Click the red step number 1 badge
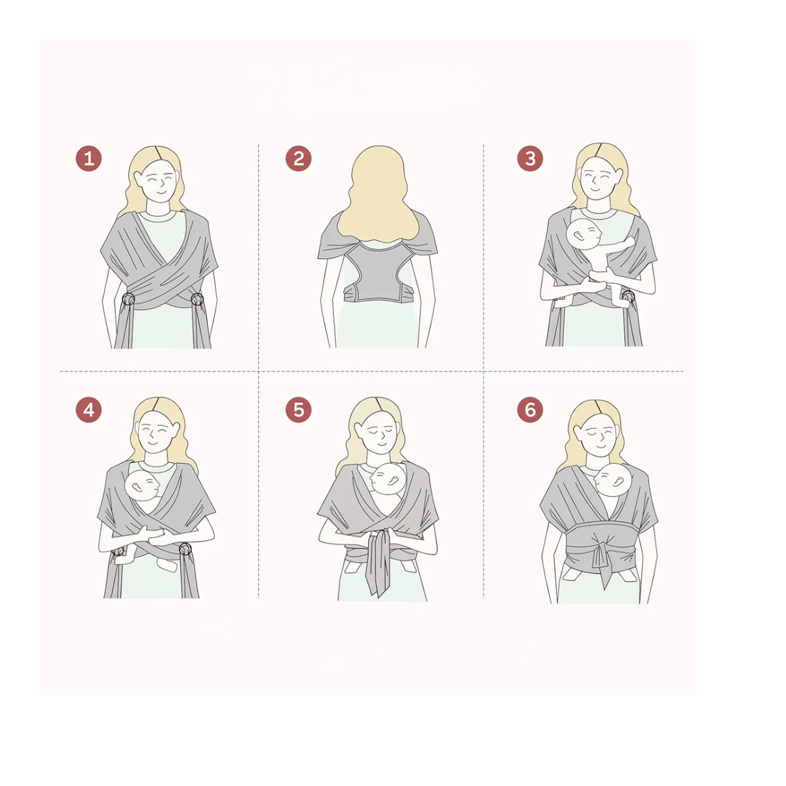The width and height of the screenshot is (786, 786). tap(88, 159)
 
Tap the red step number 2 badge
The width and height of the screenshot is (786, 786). tap(299, 159)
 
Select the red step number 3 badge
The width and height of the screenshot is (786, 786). tap(531, 159)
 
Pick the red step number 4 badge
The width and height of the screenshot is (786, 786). tap(88, 410)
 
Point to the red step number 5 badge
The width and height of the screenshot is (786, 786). tap(299, 410)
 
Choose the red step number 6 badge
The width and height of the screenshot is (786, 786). tap(531, 409)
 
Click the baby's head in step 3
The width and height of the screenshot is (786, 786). tap(584, 234)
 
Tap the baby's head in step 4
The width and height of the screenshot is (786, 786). tap(142, 486)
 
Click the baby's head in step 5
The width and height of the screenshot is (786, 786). tap(388, 479)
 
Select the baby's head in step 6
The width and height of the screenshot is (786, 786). tap(612, 480)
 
